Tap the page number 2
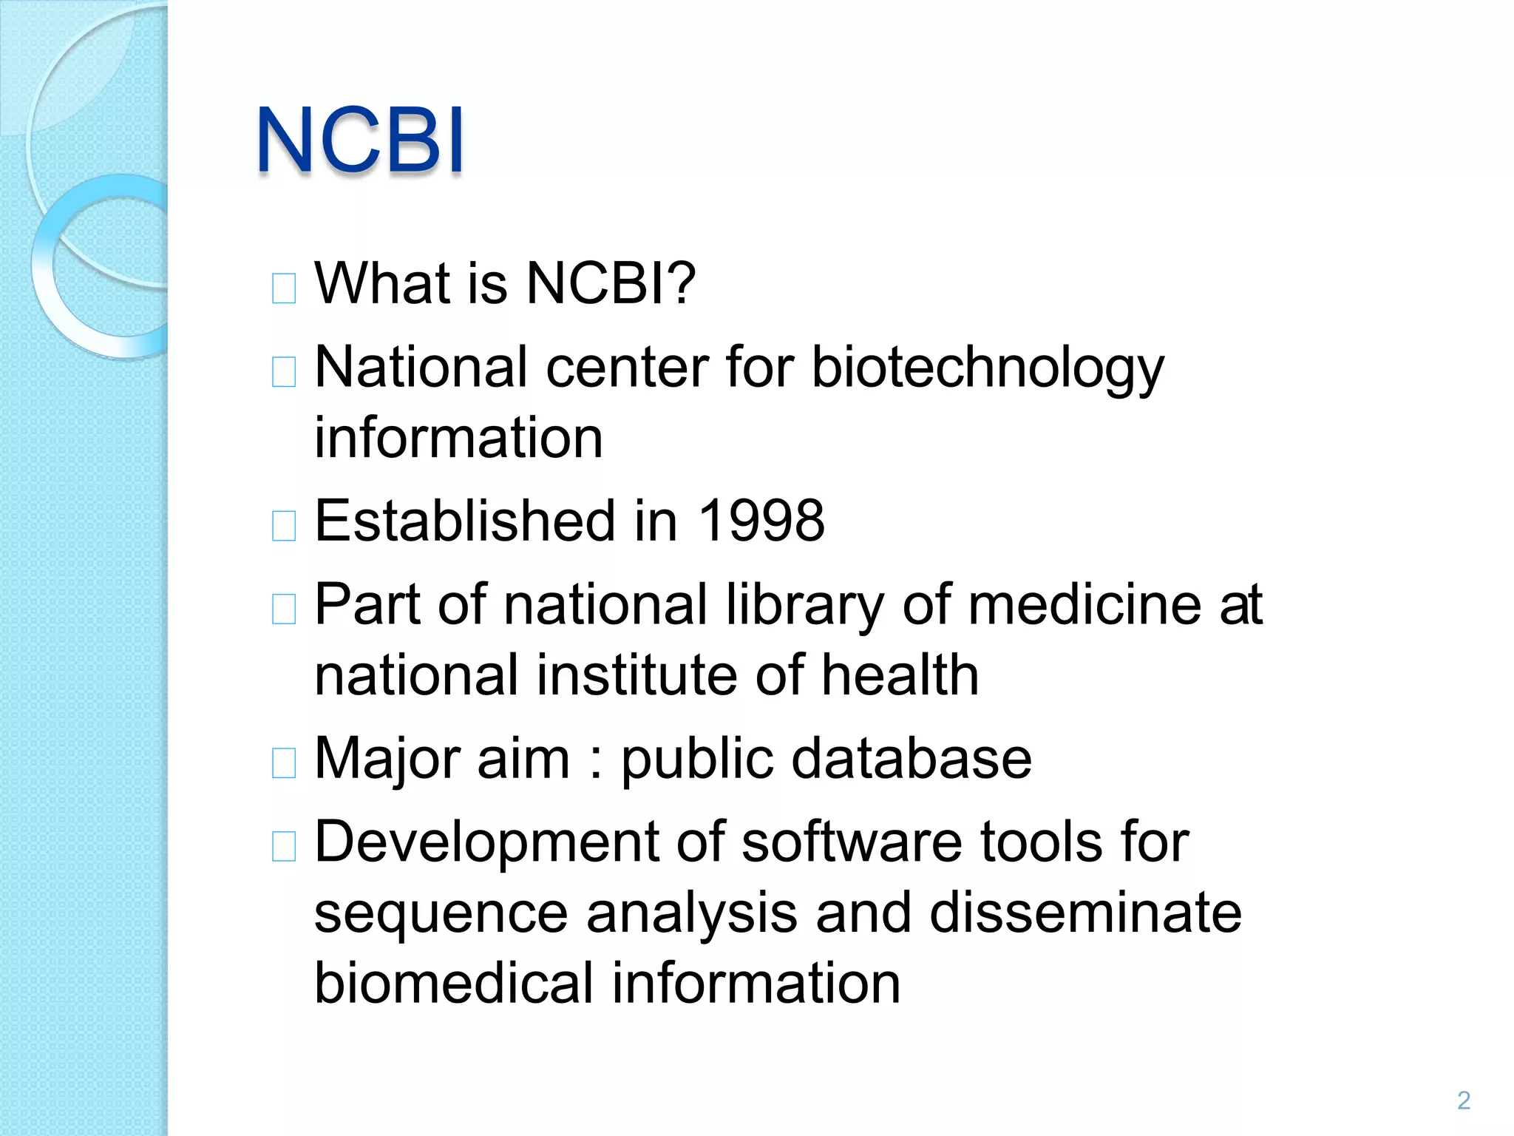(x=1463, y=1100)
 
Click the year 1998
(x=761, y=521)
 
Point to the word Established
(x=465, y=521)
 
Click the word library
(x=804, y=605)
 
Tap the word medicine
(x=1084, y=604)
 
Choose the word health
(x=900, y=674)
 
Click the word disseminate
(x=1085, y=913)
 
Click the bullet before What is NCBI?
(x=284, y=288)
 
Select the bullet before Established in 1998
(x=284, y=526)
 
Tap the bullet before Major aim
(x=284, y=763)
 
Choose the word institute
(x=636, y=674)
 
